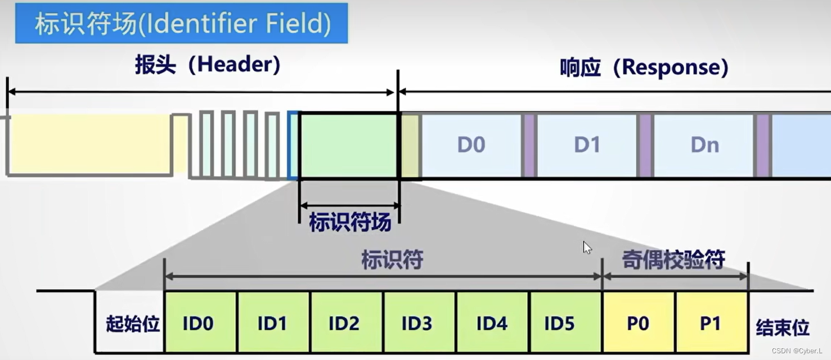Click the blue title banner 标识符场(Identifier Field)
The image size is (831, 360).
[181, 24]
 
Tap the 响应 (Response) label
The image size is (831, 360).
[644, 68]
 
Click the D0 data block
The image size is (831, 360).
[471, 145]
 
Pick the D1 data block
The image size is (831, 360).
[587, 145]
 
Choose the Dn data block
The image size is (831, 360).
[704, 145]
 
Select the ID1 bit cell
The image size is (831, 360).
[273, 323]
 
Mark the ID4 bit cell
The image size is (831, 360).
[492, 323]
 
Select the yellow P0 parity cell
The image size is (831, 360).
[638, 323]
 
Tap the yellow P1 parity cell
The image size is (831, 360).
[711, 323]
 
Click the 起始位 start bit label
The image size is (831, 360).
[133, 325]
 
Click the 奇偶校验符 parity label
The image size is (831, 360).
[673, 260]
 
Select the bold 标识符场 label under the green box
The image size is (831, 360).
[349, 223]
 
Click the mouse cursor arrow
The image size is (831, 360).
[586, 247]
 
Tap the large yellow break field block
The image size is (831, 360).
[90, 145]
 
